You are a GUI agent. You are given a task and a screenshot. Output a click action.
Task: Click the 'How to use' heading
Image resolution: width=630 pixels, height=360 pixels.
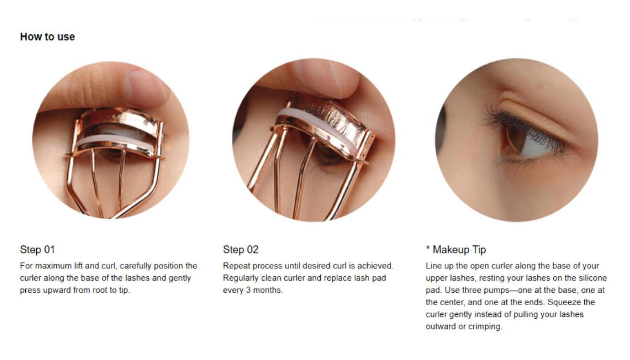(x=47, y=37)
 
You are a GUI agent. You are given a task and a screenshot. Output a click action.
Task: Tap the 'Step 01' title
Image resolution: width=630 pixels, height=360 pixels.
(x=38, y=250)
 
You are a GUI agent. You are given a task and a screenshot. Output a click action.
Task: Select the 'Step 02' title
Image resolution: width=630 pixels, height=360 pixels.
(x=240, y=250)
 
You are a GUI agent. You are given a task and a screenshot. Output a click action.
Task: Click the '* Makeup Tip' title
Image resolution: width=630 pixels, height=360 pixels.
(x=456, y=250)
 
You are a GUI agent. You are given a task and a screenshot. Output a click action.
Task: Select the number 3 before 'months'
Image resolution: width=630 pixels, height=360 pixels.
(x=248, y=290)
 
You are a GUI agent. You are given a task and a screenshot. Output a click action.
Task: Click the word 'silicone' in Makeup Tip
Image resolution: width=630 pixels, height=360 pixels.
(x=593, y=278)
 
